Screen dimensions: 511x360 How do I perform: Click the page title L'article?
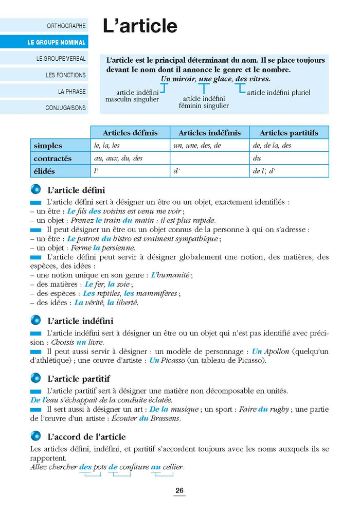click(x=140, y=26)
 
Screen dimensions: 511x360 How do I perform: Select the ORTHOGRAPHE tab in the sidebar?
click(x=66, y=25)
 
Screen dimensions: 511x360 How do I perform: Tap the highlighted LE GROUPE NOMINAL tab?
click(x=57, y=42)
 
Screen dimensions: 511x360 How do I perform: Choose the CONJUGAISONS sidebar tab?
click(x=65, y=108)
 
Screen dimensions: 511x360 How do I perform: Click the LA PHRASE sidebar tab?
click(x=72, y=92)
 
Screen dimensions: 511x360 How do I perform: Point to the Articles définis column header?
click(x=130, y=133)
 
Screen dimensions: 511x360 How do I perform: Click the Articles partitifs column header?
click(x=289, y=133)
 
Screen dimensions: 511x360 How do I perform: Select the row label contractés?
click(x=52, y=158)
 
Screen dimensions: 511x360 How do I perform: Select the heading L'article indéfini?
click(x=80, y=321)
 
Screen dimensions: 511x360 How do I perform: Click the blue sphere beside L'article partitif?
click(x=35, y=379)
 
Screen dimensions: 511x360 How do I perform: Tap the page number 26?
click(x=179, y=491)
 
